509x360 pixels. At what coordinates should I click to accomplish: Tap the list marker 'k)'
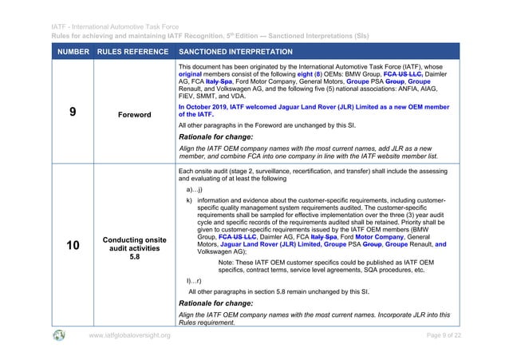(x=188, y=200)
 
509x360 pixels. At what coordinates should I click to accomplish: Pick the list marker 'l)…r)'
(x=192, y=282)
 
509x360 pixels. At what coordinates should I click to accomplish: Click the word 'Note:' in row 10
(x=227, y=261)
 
